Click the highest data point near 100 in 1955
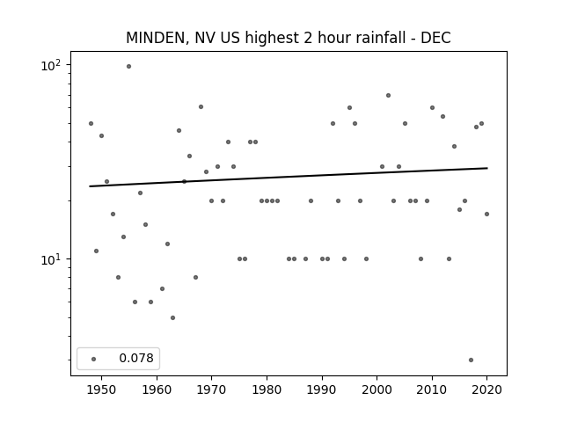click(x=129, y=67)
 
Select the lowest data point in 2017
click(x=472, y=360)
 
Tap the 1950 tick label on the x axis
click(x=102, y=389)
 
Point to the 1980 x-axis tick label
click(x=267, y=389)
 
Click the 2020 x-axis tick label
click(x=486, y=389)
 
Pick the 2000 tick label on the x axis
click(x=377, y=389)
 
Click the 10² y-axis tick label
click(x=51, y=66)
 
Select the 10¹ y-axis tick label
click(x=51, y=260)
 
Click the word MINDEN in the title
click(x=156, y=38)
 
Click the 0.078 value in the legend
click(x=136, y=358)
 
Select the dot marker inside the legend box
click(x=94, y=359)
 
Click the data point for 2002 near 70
click(x=389, y=96)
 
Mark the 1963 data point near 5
click(x=172, y=318)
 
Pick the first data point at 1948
click(x=91, y=123)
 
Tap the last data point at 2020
click(x=486, y=215)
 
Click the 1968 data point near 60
click(x=201, y=107)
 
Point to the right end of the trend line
click(x=487, y=168)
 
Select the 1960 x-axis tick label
click(x=157, y=389)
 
